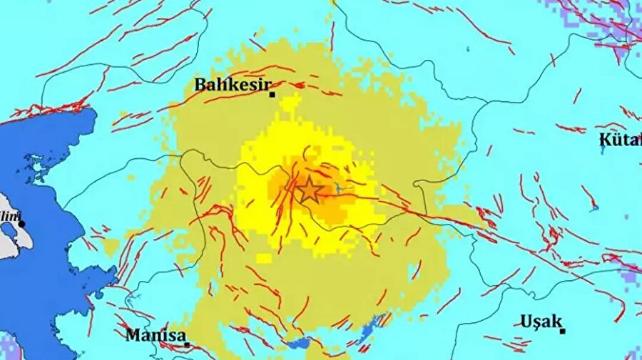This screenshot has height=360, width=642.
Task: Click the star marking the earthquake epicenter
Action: [x=309, y=190]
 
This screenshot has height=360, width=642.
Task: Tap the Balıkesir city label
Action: [x=231, y=86]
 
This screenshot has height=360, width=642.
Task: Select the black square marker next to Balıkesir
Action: [x=272, y=93]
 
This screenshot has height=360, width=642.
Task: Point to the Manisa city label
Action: [x=156, y=334]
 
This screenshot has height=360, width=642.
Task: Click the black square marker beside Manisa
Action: [x=188, y=344]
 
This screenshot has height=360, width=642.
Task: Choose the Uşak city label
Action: [x=541, y=321]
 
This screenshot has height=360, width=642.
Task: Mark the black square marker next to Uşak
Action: [x=563, y=330]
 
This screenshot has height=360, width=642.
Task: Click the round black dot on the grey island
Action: [x=22, y=223]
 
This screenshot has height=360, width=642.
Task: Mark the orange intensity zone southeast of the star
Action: [x=331, y=211]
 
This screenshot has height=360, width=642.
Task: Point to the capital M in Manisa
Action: [x=133, y=334]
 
